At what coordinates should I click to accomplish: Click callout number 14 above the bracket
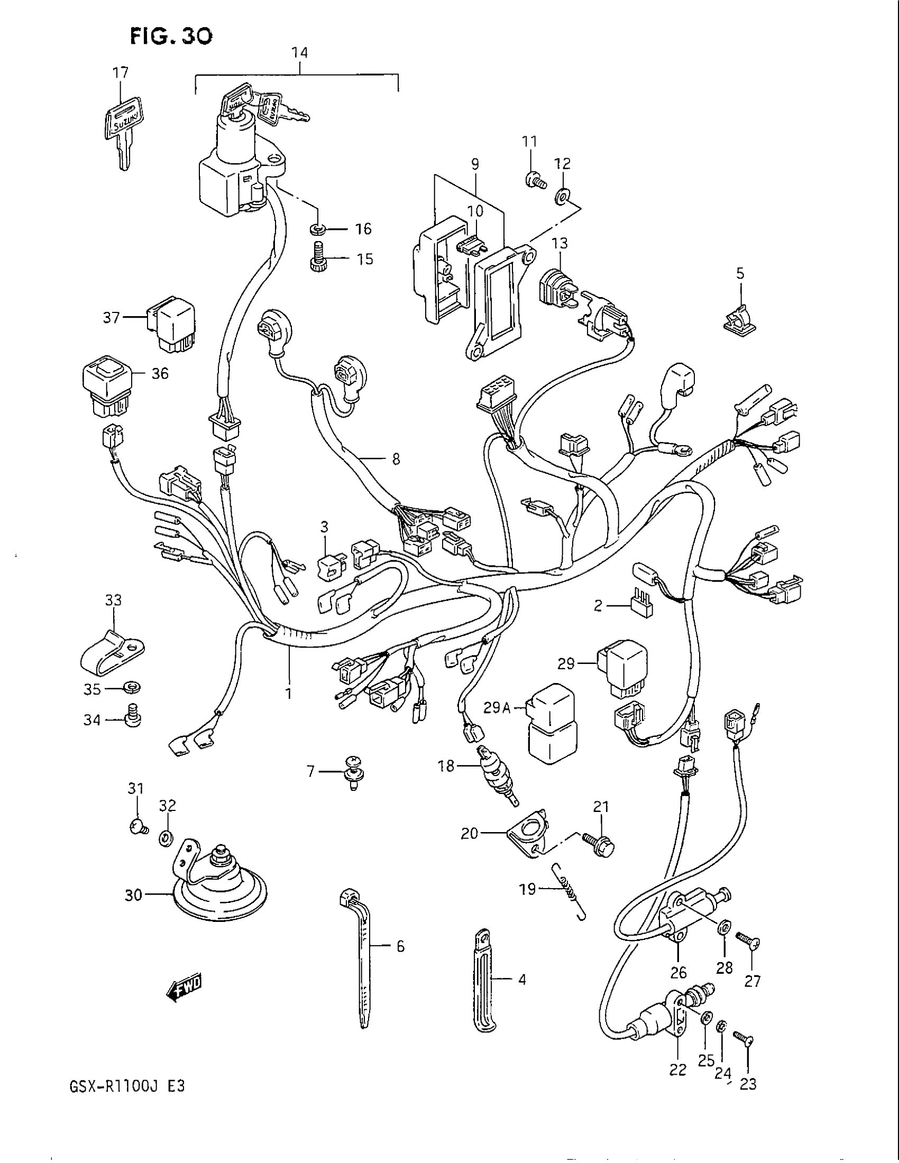299,53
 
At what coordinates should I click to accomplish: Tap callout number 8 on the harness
396,458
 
